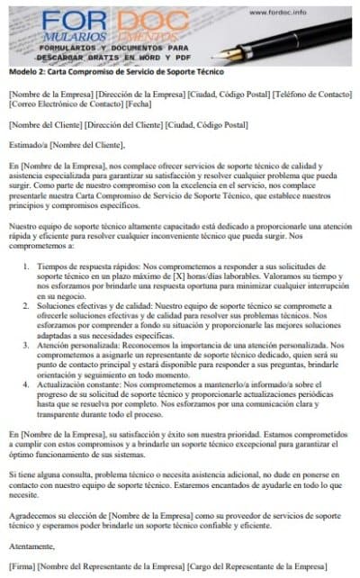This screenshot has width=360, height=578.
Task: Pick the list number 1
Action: coord(27,266)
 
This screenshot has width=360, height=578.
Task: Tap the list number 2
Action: coord(27,307)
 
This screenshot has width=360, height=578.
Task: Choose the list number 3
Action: coord(27,347)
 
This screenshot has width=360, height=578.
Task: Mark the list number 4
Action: coord(27,385)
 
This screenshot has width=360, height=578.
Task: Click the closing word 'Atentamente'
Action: coord(31,546)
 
